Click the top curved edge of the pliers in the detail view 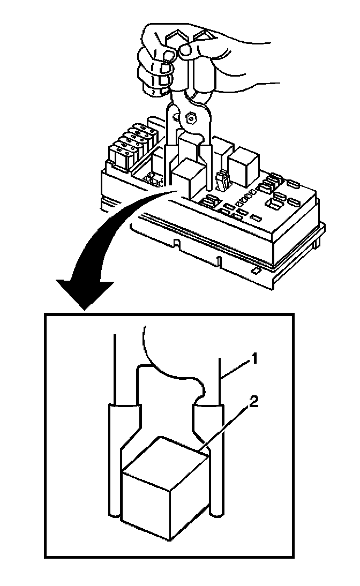171,370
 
